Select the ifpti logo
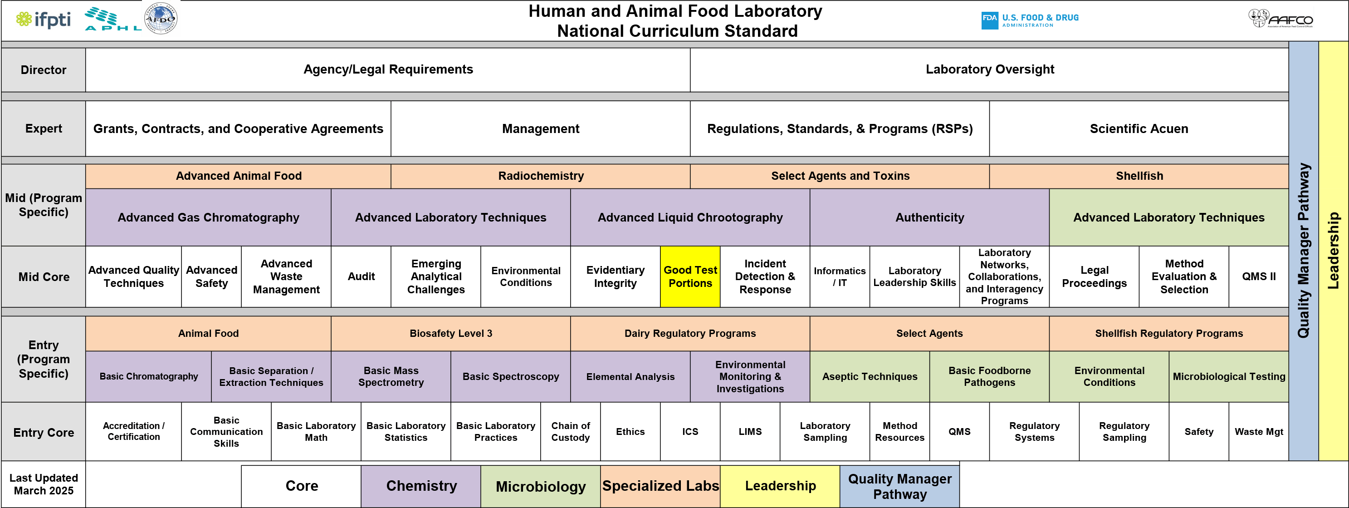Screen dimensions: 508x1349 pos(43,20)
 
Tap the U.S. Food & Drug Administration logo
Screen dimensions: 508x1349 pos(1030,20)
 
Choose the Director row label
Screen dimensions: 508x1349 pos(44,70)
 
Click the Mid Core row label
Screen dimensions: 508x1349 pos(44,277)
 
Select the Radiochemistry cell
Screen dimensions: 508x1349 pos(540,176)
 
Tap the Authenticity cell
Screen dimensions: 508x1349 pos(929,217)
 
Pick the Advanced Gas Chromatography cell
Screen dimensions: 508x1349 pos(208,217)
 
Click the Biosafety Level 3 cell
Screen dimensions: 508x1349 pos(450,333)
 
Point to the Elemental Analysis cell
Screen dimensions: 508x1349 pos(630,376)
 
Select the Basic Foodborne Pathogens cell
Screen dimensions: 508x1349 pos(989,376)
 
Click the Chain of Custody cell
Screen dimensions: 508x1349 pos(570,431)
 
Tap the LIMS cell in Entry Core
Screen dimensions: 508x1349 pos(750,431)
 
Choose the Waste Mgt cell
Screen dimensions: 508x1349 pos(1258,431)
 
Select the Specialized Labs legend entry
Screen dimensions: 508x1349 pos(660,486)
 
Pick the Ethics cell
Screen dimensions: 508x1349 pos(630,431)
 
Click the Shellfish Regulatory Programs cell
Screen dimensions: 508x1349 pos(1168,333)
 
